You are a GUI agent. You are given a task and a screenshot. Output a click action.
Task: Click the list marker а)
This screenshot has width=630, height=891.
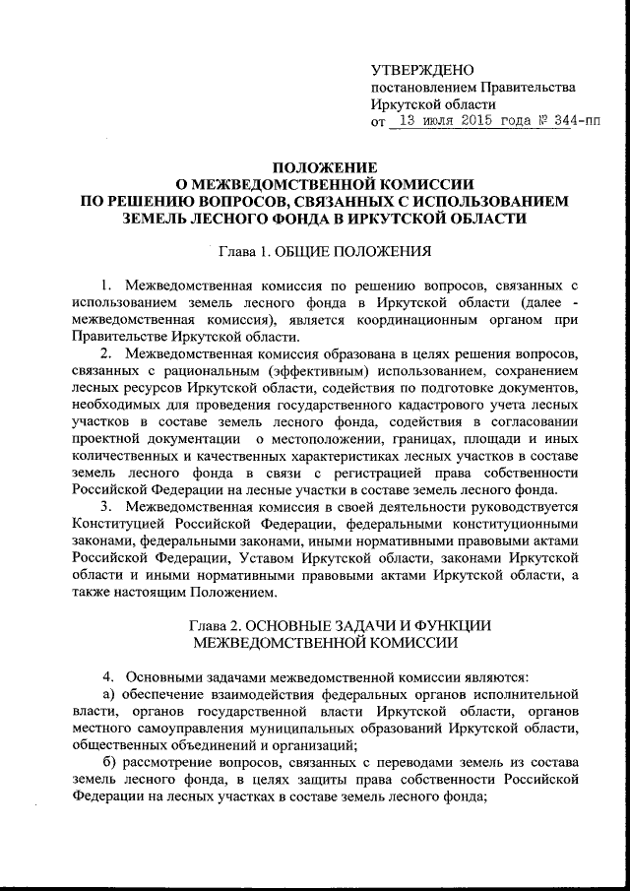(110, 694)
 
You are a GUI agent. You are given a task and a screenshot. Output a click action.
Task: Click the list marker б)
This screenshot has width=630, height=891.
(110, 762)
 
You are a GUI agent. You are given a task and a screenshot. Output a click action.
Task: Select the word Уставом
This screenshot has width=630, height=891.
(266, 557)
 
